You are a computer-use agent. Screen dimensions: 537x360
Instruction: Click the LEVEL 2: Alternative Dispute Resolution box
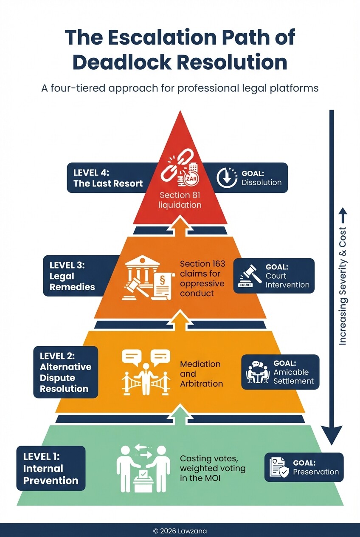pos(65,372)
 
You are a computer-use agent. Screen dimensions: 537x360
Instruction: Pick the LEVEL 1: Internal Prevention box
pos(51,469)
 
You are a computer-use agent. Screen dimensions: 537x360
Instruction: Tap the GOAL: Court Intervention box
pos(274,275)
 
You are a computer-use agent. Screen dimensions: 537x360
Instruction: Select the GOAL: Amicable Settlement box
pos(280,372)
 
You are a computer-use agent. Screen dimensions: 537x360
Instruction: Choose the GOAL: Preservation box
pos(304,467)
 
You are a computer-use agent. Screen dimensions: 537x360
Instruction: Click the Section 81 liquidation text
pos(180,200)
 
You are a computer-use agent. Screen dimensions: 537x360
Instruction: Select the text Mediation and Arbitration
pos(201,374)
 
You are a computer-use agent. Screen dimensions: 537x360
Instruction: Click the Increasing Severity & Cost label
pos(343,280)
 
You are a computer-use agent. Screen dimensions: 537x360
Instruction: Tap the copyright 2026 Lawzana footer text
pos(180,531)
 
